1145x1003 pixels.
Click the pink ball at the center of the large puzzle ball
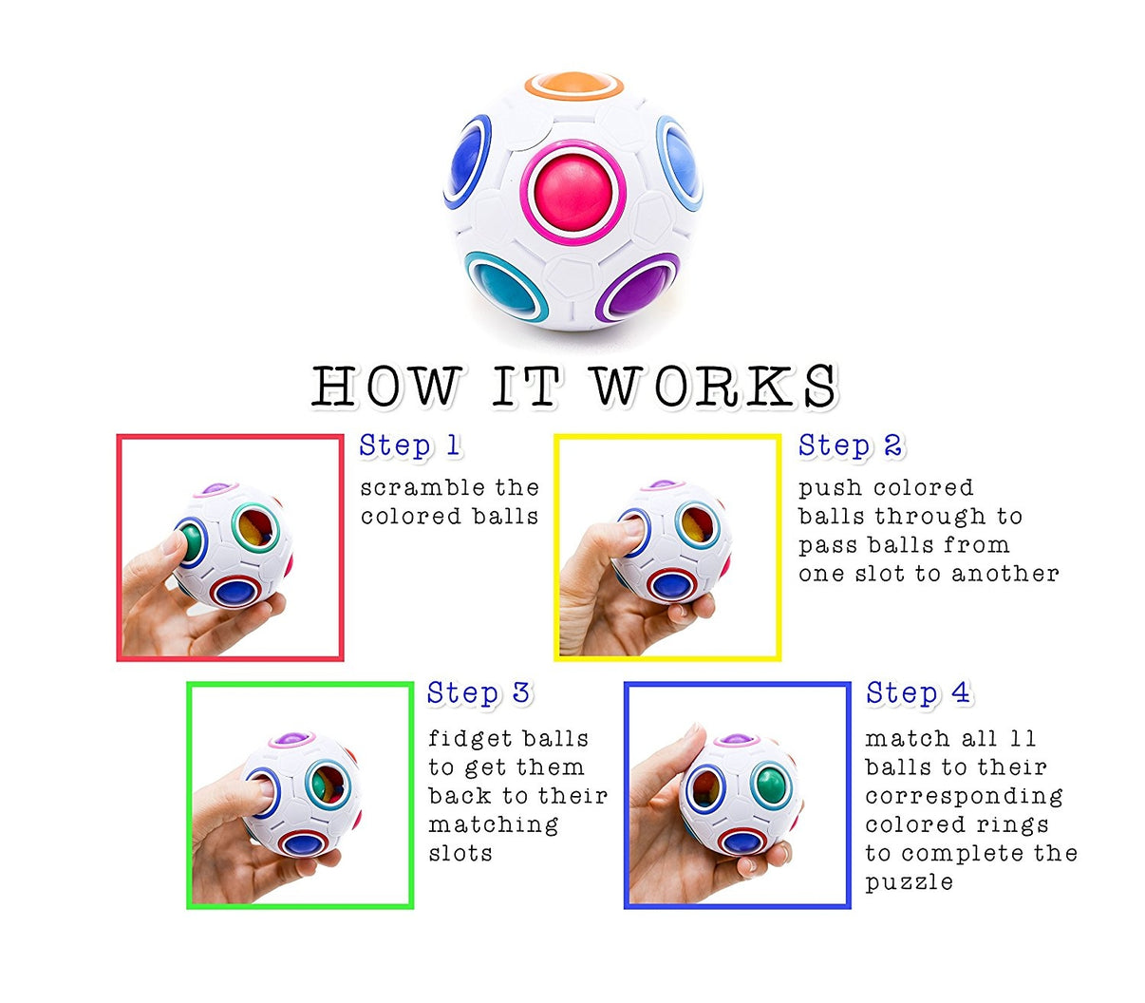coord(572,190)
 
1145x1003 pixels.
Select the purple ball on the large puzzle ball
coord(638,289)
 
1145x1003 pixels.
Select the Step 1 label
coord(410,445)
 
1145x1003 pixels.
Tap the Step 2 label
coord(850,445)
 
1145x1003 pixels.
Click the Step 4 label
coord(917,693)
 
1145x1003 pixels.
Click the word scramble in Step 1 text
coord(409,488)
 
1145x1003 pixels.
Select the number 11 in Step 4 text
coord(1022,739)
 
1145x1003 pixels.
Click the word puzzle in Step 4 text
coord(908,882)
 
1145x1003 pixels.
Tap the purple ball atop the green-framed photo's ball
coord(291,739)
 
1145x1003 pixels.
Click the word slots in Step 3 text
coord(460,853)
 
